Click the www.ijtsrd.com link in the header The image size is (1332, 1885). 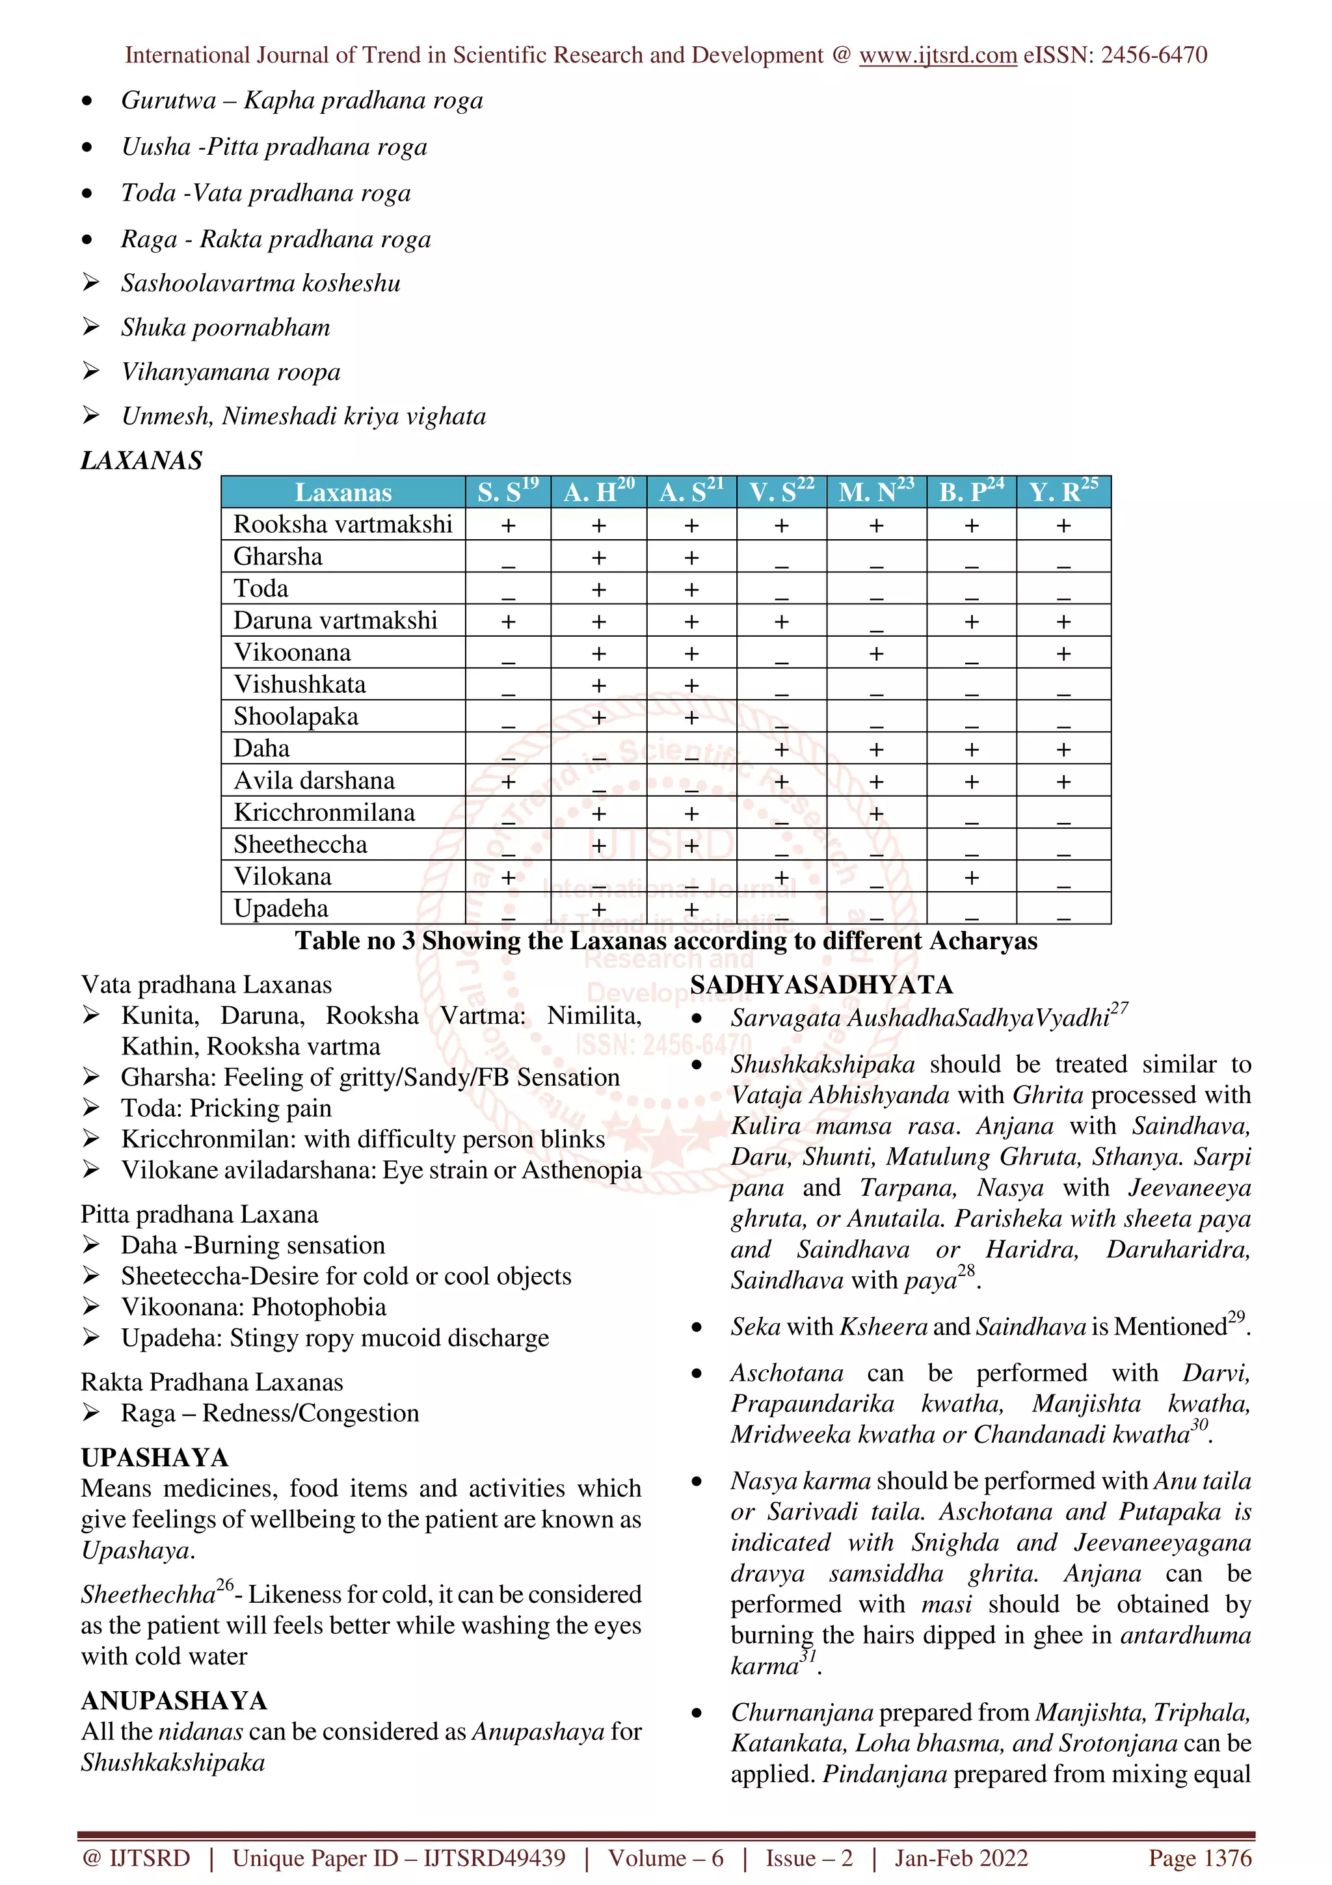937,55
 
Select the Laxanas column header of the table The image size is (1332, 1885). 343,492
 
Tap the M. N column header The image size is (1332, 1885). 875,492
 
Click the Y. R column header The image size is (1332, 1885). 1063,492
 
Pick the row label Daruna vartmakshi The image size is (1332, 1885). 335,621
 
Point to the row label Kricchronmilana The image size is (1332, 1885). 324,813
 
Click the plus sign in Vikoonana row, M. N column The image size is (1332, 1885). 875,654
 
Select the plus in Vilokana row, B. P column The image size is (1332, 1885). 971,877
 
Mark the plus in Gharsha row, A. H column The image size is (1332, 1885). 598,557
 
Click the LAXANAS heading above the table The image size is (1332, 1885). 141,461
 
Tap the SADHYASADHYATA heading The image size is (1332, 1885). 821,984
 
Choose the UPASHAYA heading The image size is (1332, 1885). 154,1457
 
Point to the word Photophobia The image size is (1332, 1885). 319,1307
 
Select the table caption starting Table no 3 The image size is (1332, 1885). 665,941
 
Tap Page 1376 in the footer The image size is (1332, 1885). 1200,1858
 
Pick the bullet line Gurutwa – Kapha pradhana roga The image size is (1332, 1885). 301,101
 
